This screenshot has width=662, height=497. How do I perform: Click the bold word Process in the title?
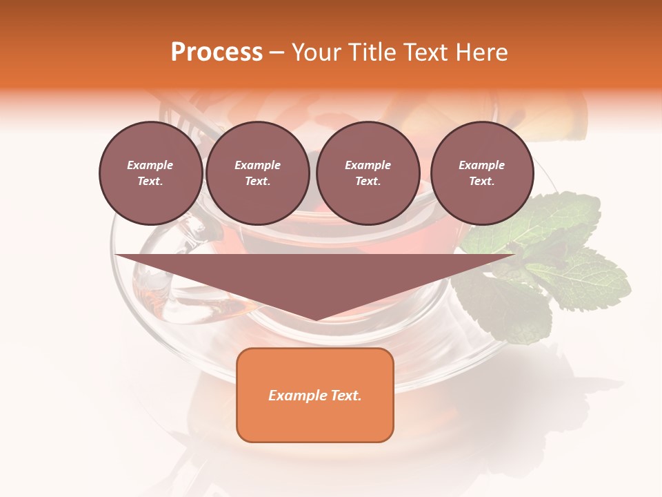point(217,52)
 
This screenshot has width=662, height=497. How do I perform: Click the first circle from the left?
point(150,173)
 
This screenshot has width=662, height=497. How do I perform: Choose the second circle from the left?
point(257,173)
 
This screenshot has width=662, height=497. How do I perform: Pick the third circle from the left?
point(368,173)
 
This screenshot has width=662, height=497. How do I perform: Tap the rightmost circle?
point(481,173)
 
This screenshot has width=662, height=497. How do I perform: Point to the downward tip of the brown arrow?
point(316,318)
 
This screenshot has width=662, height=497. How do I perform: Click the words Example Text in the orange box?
point(315,396)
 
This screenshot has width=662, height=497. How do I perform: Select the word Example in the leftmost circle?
point(150,165)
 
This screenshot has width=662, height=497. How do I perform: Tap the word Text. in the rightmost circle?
point(481,182)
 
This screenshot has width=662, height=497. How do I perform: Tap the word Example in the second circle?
point(257,165)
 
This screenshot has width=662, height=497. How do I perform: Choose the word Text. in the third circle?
point(368,182)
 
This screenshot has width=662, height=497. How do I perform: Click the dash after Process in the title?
point(277,52)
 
